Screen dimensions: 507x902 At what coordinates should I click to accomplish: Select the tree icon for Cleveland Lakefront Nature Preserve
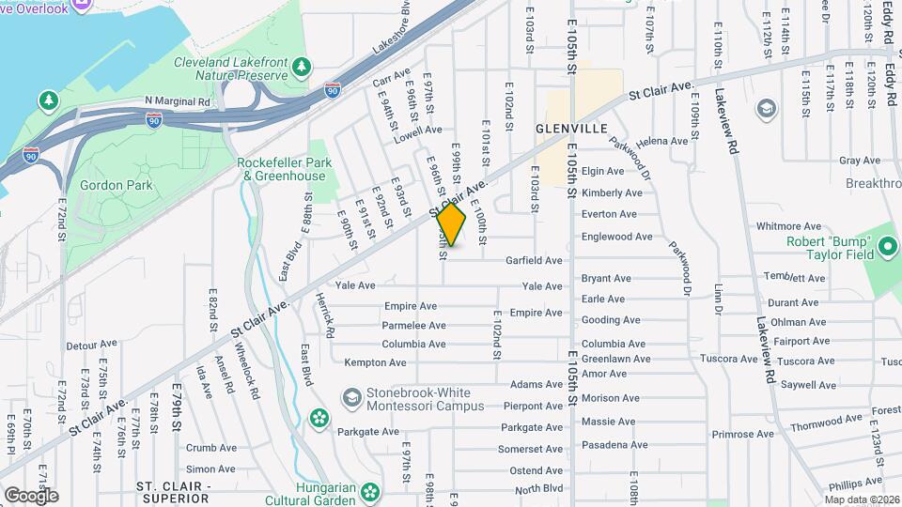[x=302, y=66]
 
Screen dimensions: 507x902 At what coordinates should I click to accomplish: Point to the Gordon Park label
[x=112, y=185]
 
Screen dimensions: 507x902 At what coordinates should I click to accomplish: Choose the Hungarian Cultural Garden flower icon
[x=371, y=490]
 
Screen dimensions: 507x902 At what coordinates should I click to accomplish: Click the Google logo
[x=31, y=495]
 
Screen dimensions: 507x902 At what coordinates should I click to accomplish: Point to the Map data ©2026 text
[x=861, y=499]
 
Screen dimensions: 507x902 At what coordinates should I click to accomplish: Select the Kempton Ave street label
[x=375, y=362]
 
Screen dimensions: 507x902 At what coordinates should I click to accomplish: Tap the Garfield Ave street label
[x=534, y=260]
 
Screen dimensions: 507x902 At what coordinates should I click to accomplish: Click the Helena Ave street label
[x=661, y=142]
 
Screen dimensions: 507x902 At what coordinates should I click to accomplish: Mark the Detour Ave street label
[x=91, y=344]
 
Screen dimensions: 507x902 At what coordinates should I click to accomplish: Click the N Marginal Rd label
[x=178, y=99]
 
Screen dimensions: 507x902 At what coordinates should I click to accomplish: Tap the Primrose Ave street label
[x=741, y=435]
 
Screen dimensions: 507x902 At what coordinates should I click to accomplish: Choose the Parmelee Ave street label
[x=413, y=326]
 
